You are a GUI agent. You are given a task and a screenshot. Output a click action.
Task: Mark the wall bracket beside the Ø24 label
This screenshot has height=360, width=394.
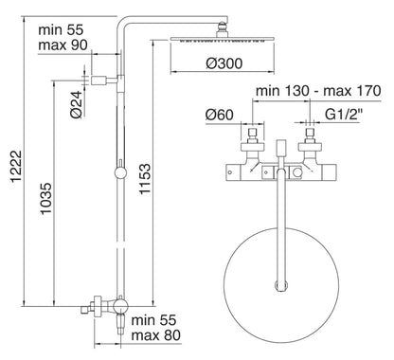pos(106,81)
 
